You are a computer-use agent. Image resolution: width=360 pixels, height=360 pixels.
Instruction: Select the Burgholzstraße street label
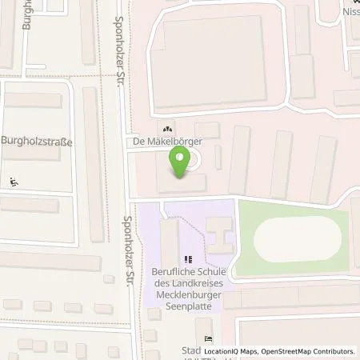pyautogui.click(x=37, y=143)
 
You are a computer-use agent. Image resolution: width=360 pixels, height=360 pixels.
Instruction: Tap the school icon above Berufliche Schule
pyautogui.click(x=189, y=259)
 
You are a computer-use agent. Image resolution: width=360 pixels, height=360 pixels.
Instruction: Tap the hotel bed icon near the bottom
pyautogui.click(x=209, y=338)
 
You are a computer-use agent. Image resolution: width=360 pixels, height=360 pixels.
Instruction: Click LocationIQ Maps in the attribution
pyautogui.click(x=231, y=351)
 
